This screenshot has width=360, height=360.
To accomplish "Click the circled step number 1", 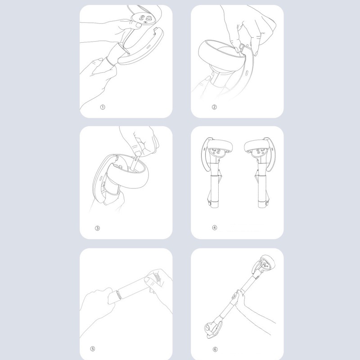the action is point(103,107).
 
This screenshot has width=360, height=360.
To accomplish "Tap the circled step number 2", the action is point(214,107).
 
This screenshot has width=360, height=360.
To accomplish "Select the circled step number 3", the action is point(97,228).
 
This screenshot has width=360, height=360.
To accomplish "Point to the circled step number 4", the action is point(215,228).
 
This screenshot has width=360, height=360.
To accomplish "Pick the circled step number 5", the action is point(93,349).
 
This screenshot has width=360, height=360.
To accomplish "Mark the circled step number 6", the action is point(215,349).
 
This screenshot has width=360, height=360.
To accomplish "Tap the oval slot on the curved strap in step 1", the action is point(148,46).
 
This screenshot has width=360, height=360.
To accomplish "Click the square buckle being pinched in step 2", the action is point(242,48).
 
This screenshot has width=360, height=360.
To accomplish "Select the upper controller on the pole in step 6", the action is point(264,264).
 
